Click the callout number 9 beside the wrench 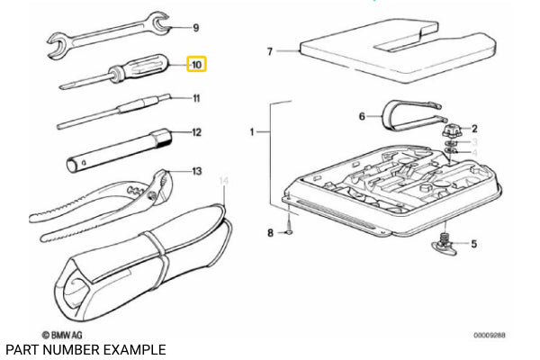(197, 29)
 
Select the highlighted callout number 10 (196, 65)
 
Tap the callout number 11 (195, 98)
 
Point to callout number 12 (196, 132)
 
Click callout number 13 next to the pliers (197, 169)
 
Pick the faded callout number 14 (226, 182)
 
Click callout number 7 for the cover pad (269, 51)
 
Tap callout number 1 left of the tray (252, 132)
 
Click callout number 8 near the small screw (269, 234)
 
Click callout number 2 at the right (474, 129)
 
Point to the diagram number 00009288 (490, 335)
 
